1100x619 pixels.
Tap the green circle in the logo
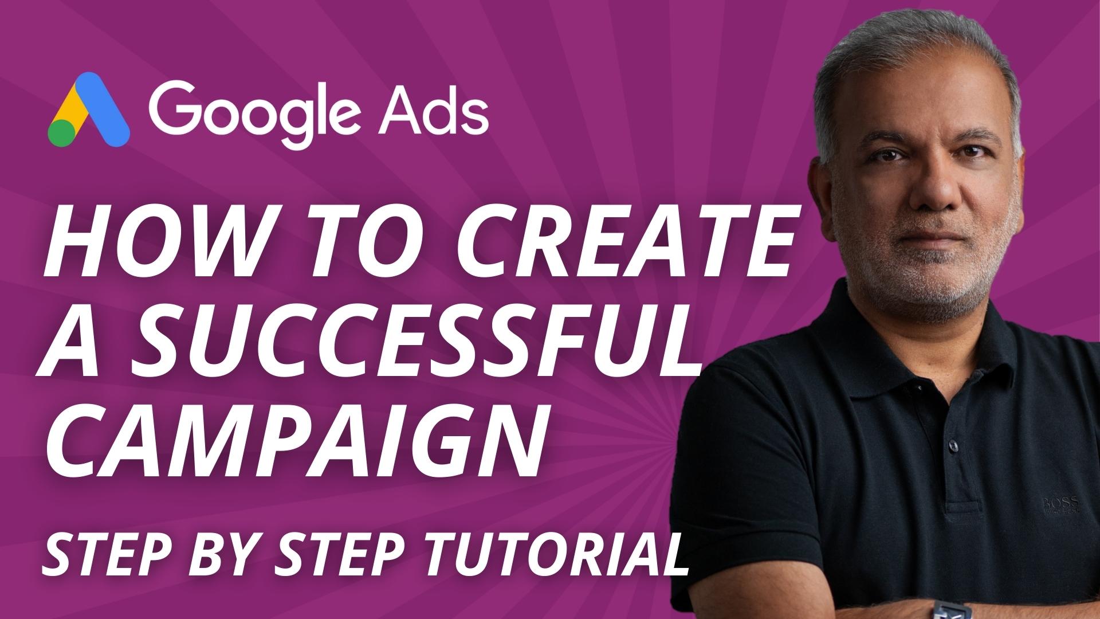pos(62,134)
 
